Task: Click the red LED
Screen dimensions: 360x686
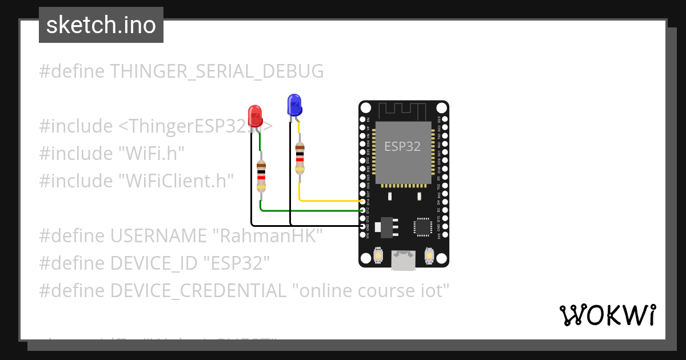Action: coord(254,115)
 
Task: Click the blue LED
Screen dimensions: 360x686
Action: coord(294,105)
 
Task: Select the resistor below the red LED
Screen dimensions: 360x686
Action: coord(261,175)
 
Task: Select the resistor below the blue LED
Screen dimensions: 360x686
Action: coord(300,158)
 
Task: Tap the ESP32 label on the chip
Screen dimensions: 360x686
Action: coord(402,146)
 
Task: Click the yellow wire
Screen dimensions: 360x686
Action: coord(332,201)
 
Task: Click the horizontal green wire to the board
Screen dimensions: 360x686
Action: coord(312,210)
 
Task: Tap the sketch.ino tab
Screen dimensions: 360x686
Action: coord(101,25)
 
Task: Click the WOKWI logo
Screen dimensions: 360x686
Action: coord(607,315)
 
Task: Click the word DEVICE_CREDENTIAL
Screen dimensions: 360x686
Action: coord(198,291)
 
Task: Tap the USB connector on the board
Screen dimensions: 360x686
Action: coord(404,260)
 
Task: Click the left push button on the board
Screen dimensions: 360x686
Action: coord(378,255)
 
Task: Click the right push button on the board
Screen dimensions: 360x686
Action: coord(429,255)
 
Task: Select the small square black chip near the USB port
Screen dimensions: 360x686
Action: coord(423,226)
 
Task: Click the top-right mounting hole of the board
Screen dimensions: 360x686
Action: coord(441,108)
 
